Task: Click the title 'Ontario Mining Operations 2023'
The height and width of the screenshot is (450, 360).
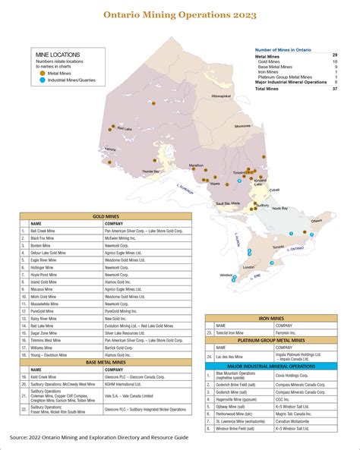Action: (x=180, y=14)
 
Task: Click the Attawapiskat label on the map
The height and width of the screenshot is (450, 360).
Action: (x=222, y=96)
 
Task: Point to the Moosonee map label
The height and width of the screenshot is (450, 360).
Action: (x=243, y=126)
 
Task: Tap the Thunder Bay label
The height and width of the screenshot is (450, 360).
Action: (x=152, y=172)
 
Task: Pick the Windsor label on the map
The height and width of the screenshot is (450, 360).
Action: (x=225, y=275)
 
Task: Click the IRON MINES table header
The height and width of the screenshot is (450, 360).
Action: (x=276, y=319)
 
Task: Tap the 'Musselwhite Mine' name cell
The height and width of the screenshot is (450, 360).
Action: (x=47, y=304)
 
